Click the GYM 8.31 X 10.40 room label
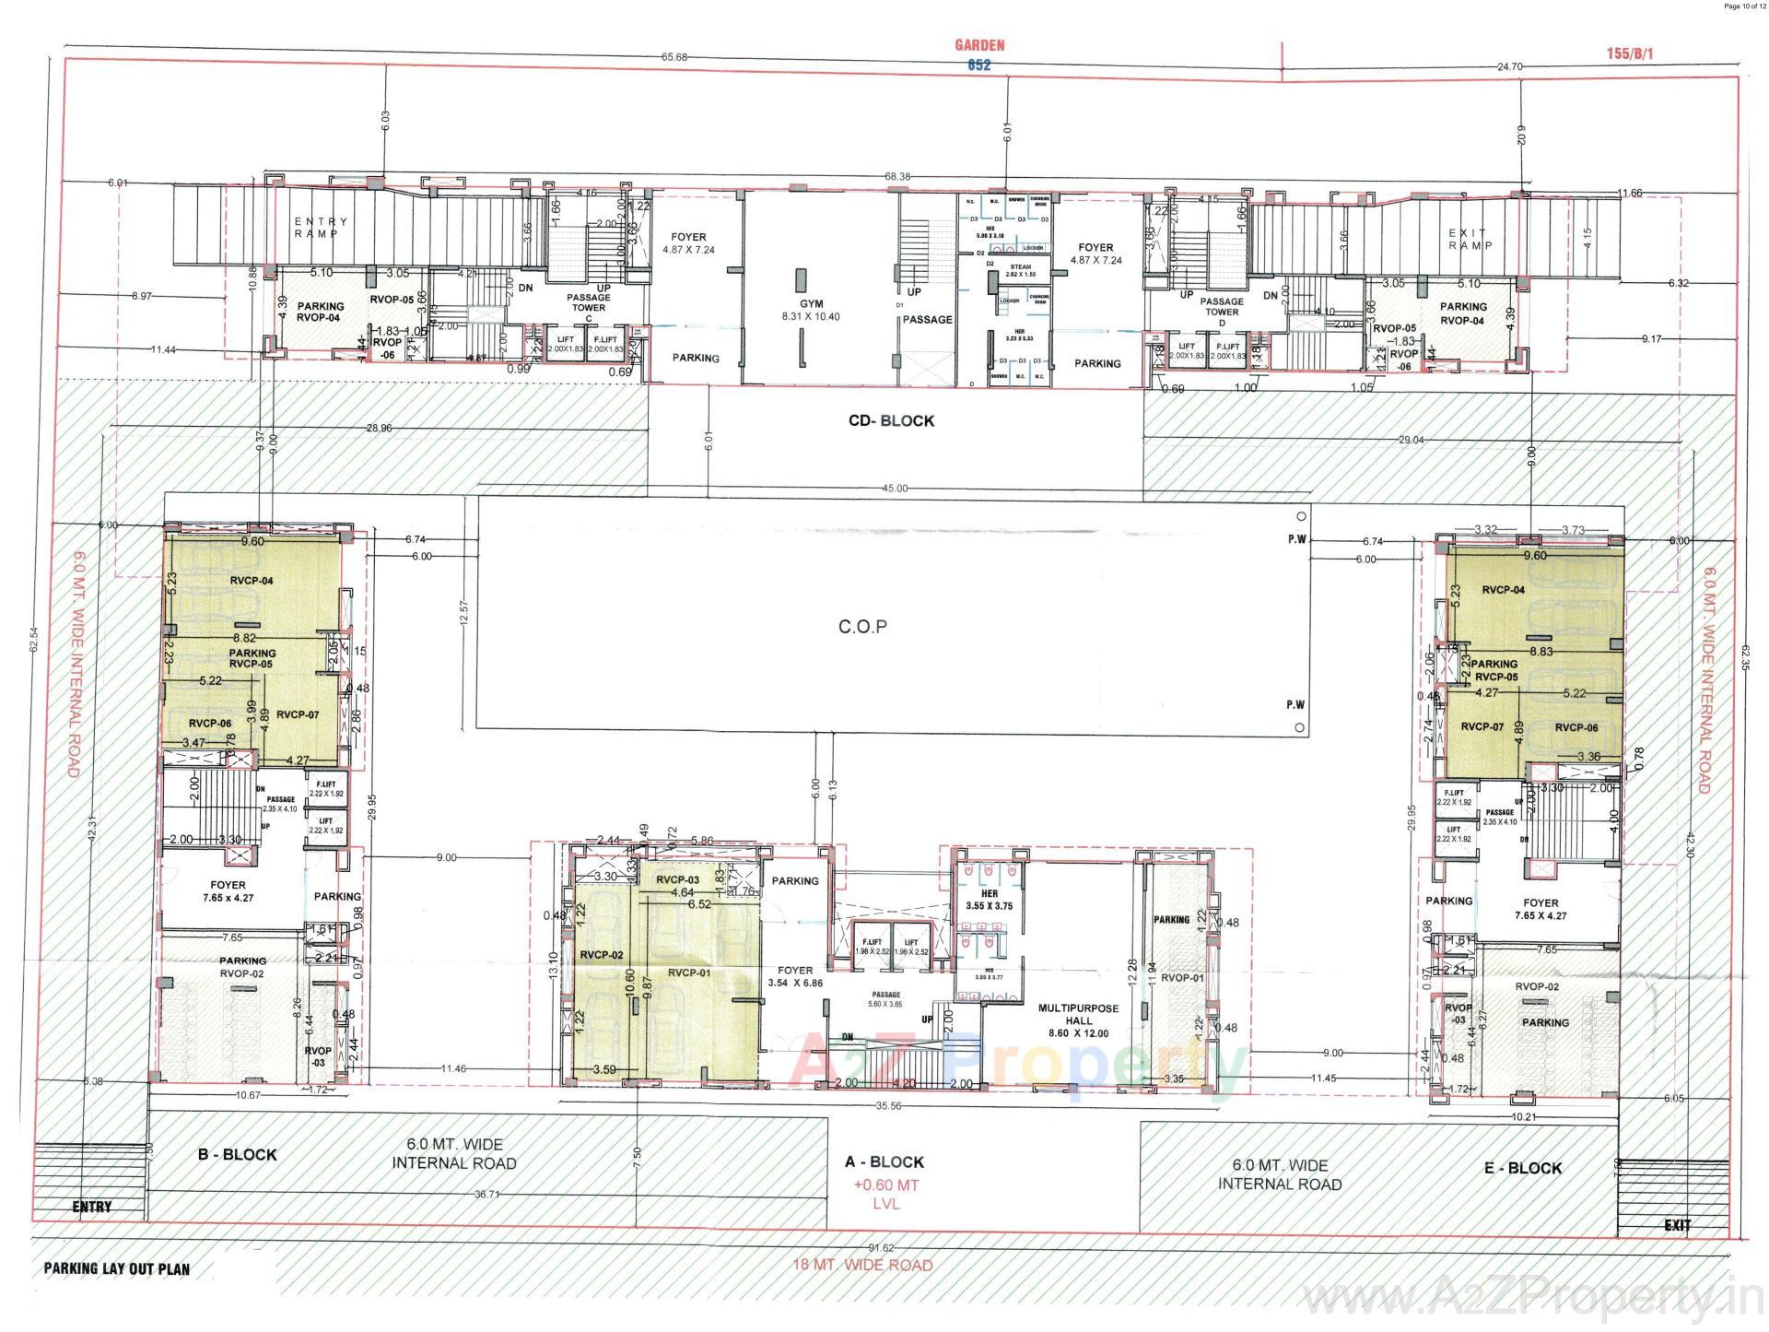click(811, 310)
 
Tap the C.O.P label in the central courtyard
click(862, 627)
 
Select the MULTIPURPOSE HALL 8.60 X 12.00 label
click(1078, 1020)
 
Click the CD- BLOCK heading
click(891, 421)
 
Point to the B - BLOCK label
click(237, 1154)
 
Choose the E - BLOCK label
click(1522, 1168)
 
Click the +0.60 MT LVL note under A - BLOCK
click(885, 1195)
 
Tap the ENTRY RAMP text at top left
click(321, 228)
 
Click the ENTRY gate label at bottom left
click(92, 1207)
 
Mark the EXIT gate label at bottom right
click(1677, 1225)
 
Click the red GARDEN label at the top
click(978, 44)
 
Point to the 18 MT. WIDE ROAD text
click(862, 1265)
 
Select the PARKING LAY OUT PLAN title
click(116, 1269)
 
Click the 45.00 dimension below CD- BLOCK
click(894, 489)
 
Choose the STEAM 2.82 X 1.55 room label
click(1020, 271)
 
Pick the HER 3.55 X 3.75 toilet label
click(990, 900)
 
